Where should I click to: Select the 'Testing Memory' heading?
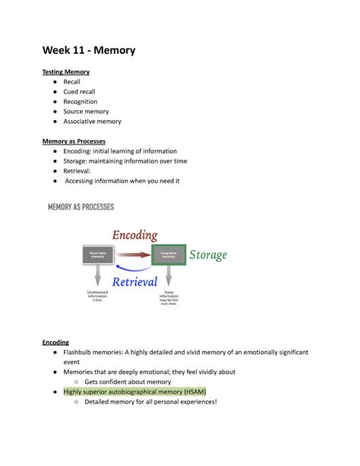pos(65,72)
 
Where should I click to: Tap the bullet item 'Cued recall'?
pos(79,92)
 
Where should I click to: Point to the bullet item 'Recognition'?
pos(81,102)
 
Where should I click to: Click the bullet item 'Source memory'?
pos(87,112)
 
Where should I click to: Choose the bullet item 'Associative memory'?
pos(92,122)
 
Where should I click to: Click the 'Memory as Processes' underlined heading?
pos(74,141)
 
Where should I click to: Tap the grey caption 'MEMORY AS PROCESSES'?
pos(81,207)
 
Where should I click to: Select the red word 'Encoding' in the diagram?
pos(135,236)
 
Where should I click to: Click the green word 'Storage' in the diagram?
pos(208,255)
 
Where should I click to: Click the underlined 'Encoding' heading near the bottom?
pos(55,343)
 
